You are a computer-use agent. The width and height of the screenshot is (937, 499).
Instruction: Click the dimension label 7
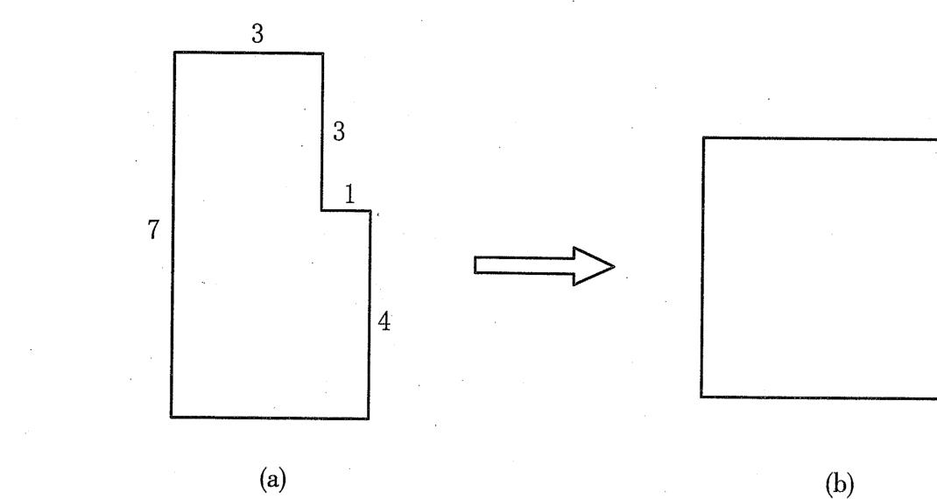153,229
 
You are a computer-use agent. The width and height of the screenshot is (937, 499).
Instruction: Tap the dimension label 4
384,322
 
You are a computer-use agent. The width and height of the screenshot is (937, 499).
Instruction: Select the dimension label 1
349,195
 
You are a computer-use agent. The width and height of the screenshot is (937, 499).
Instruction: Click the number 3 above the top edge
257,33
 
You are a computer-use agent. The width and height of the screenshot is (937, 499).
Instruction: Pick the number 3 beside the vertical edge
339,131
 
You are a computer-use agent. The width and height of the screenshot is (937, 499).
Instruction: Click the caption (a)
273,479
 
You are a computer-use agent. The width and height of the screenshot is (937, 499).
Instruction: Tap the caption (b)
840,483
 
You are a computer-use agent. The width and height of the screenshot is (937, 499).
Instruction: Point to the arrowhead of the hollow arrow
615,266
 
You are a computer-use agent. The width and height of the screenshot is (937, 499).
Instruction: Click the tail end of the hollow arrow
476,264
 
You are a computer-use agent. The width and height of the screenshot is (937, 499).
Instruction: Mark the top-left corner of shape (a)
174,53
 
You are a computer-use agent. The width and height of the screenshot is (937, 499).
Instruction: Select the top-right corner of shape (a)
323,53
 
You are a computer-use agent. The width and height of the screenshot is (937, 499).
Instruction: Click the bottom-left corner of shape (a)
172,417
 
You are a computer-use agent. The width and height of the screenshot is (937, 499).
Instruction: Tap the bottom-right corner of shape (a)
369,418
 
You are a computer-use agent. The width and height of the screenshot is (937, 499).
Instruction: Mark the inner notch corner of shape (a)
321,210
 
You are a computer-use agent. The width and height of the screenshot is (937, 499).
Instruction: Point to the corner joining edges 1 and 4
370,211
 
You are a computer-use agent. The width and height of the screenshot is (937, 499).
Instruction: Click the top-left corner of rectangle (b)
703,138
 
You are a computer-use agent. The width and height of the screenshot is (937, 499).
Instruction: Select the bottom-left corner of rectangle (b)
701,397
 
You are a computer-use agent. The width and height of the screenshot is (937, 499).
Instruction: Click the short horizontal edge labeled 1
346,210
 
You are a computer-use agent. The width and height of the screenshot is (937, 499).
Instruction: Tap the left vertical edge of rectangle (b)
702,267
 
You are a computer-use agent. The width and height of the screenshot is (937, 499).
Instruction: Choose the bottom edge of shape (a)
270,417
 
